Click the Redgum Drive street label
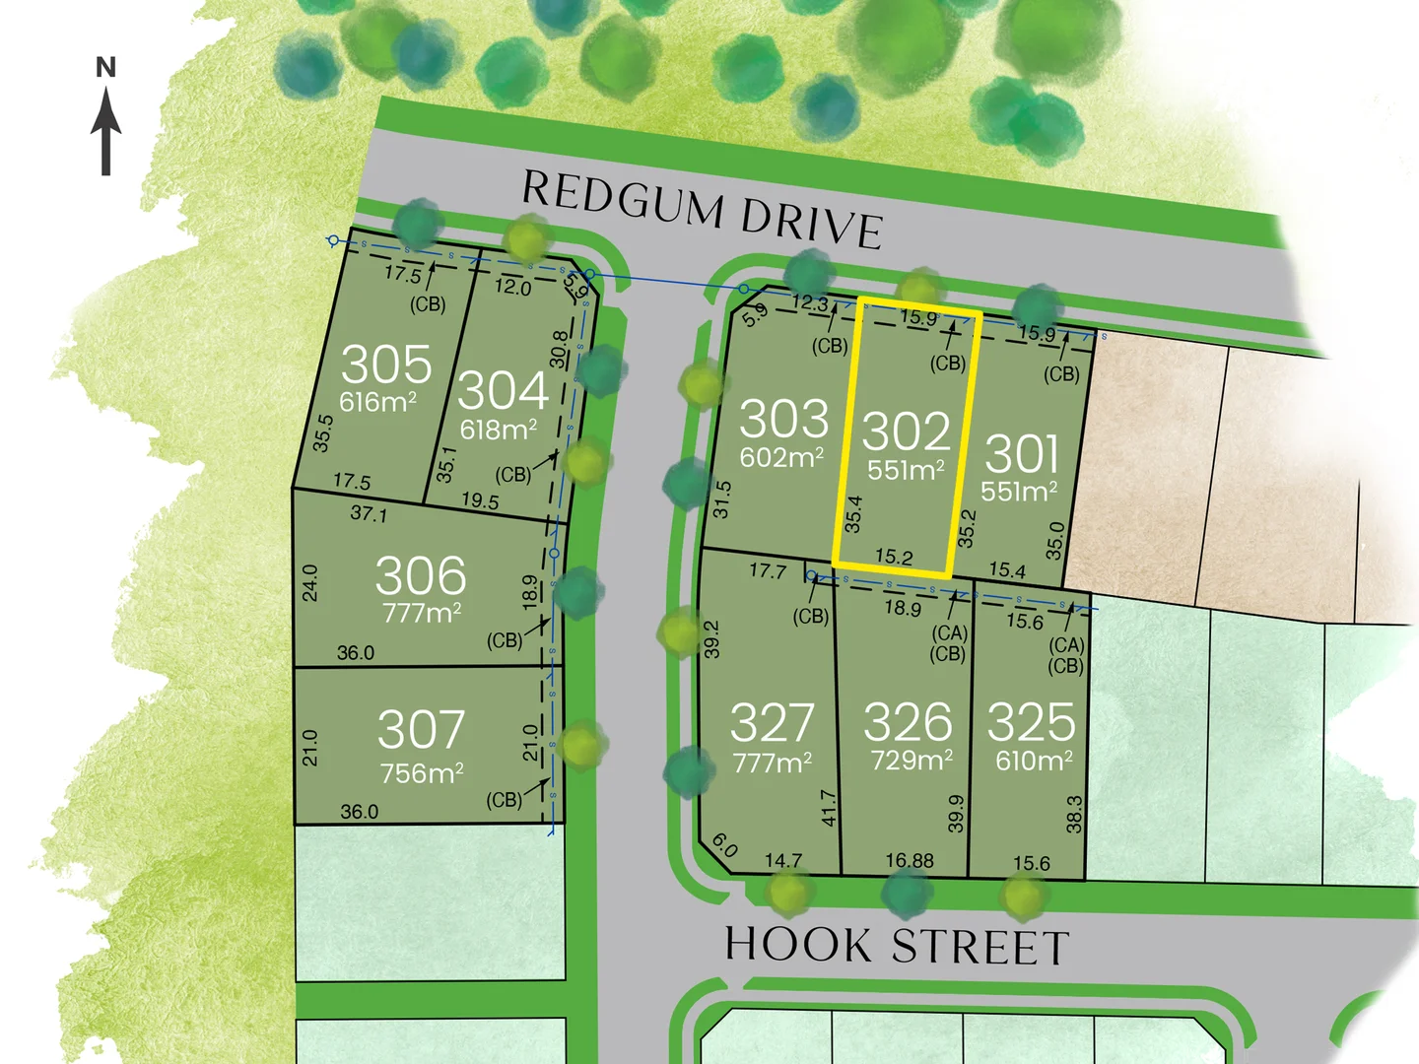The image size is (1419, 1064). pos(701,210)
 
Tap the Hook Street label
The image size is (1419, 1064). pos(897,946)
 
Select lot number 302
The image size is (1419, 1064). pos(906,432)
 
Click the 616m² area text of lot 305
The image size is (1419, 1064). pos(377,402)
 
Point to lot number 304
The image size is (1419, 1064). pos(503,390)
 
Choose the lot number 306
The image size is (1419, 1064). pos(421,575)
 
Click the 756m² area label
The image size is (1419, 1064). pos(422,773)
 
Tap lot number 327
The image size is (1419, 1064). pos(772,723)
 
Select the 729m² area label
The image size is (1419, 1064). pos(912,761)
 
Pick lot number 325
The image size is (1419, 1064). pos(1031,722)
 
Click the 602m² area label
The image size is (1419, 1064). pos(782,457)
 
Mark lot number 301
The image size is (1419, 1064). pos(1021,454)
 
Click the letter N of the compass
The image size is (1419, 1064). pos(106,68)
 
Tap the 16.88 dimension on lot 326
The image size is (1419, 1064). pos(909,861)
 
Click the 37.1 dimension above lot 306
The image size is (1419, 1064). pos(369,514)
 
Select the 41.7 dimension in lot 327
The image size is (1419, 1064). pos(829,808)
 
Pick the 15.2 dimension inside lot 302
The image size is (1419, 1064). pos(894,557)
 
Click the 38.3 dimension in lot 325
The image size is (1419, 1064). pos(1074,814)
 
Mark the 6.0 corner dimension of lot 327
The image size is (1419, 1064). pos(724,845)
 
